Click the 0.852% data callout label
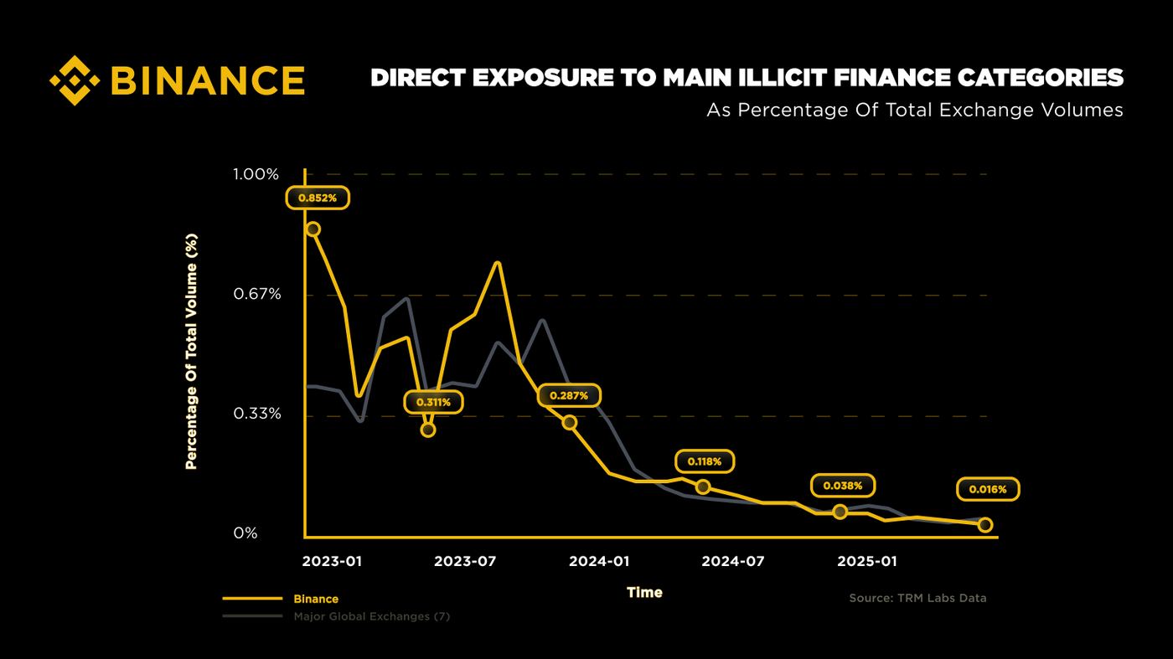coord(318,198)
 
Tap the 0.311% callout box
coord(434,403)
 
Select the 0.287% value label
coord(569,395)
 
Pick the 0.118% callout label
coord(705,461)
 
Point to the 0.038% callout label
coord(843,486)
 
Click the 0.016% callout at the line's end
coord(988,489)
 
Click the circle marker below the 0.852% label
coord(313,229)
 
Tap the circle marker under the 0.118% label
coord(703,487)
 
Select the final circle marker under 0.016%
coord(985,524)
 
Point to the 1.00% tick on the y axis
coord(256,174)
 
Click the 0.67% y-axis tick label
coord(257,294)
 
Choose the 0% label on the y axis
coord(245,533)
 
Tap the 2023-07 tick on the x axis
coord(465,562)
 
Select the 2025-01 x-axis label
coord(867,562)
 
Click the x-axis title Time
coord(644,593)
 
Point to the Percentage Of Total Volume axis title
coord(192,351)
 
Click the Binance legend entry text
coord(316,599)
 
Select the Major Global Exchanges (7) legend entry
coord(372,616)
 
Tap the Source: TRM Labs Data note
coord(917,598)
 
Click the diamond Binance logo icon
coord(75,80)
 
